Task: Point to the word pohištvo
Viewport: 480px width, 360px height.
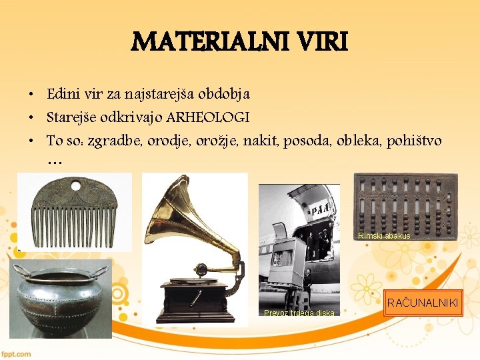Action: tap(415, 140)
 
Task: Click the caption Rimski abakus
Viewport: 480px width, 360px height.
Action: tap(384, 236)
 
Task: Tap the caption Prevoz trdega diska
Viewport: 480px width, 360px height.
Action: tap(299, 313)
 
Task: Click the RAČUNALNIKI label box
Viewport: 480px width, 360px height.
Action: tap(422, 303)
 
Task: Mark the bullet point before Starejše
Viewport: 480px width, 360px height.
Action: tap(31, 118)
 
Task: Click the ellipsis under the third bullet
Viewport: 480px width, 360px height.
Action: tap(54, 162)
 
